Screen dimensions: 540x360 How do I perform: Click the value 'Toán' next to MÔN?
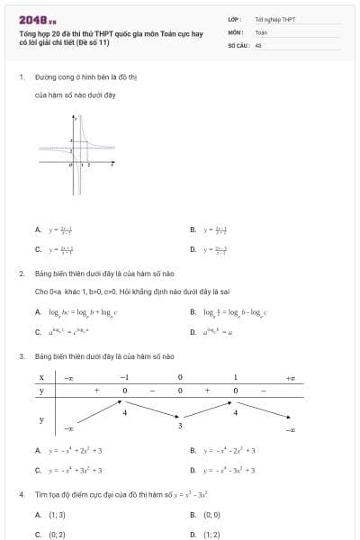tap(261, 31)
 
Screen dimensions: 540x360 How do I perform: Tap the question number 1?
tap(21, 76)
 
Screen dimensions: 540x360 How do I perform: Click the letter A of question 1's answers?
tap(38, 229)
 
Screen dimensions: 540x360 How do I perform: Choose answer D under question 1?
tap(193, 248)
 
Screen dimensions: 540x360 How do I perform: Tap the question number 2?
tap(21, 273)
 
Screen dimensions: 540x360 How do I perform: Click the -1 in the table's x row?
tap(126, 377)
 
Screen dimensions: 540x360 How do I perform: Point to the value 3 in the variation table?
tap(180, 425)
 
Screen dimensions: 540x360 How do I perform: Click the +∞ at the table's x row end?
tap(290, 377)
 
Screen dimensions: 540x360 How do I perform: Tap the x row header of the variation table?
tap(41, 377)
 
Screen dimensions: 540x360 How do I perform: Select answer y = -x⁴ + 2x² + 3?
tap(76, 450)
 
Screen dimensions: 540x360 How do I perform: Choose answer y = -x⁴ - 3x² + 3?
tap(230, 470)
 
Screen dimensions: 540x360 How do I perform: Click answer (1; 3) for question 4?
tap(56, 515)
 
